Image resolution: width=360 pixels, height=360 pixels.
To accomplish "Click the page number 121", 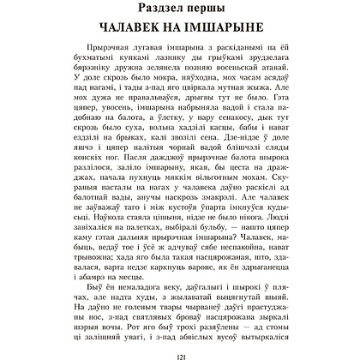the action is pos(181,350).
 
